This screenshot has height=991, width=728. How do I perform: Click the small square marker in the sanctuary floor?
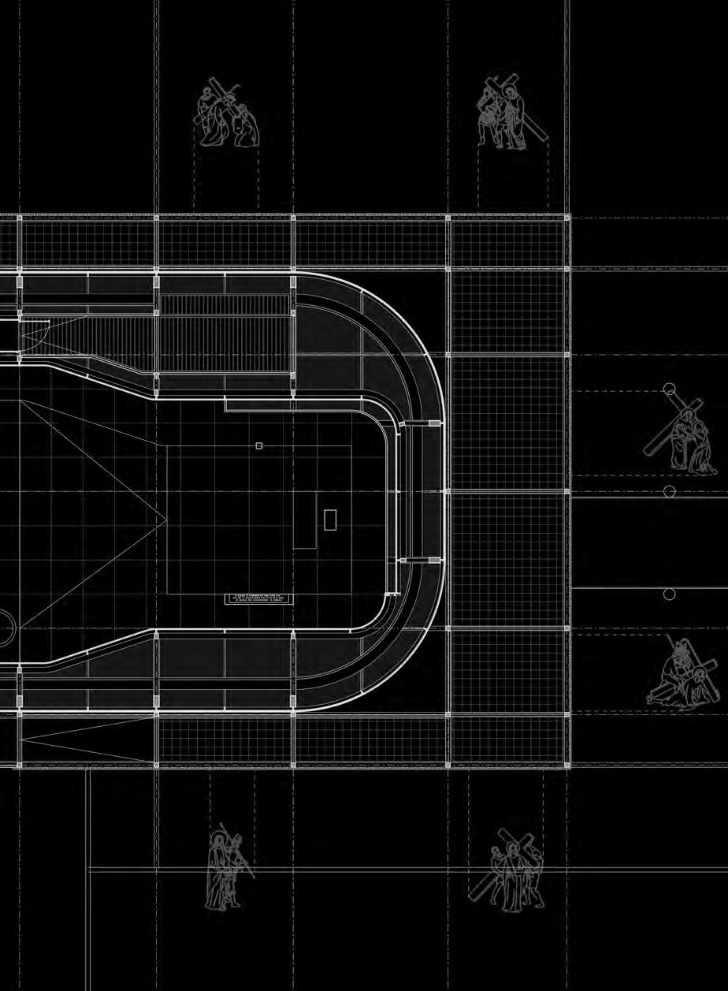click(x=258, y=446)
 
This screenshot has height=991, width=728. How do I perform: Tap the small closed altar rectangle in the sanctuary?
click(x=330, y=520)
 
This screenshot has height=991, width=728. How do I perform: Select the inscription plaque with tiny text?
click(x=260, y=599)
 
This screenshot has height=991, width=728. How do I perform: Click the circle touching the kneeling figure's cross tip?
click(x=669, y=389)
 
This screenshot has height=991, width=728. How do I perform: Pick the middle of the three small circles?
click(x=670, y=491)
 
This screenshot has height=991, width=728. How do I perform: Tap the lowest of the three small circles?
click(x=670, y=594)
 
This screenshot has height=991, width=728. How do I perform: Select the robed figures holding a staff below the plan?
click(x=225, y=867)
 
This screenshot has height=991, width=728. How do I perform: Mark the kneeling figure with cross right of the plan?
click(x=684, y=438)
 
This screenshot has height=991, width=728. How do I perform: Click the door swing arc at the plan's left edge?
click(x=36, y=335)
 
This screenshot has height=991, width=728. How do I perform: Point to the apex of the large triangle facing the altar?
click(x=166, y=520)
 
